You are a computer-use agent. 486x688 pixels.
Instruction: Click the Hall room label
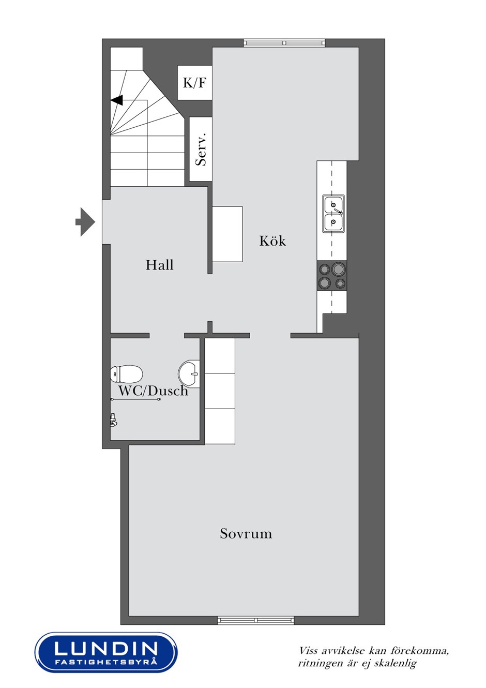159,265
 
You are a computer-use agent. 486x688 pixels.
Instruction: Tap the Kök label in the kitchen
272,241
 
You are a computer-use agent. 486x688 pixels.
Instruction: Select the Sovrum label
246,533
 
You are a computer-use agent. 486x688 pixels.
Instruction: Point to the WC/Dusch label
153,391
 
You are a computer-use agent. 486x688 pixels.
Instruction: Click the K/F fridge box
194,83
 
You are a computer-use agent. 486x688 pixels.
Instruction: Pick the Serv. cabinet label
201,149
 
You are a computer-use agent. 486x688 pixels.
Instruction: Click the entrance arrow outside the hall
85,222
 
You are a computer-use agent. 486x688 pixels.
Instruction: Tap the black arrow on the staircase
117,100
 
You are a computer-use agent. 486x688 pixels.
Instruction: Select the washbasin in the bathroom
189,374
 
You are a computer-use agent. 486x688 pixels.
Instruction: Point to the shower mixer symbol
113,420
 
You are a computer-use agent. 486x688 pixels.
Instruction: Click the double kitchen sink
333,214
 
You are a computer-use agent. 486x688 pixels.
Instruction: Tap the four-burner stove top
332,276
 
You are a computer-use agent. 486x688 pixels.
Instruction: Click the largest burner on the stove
338,269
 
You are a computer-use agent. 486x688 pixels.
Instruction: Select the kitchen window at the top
284,43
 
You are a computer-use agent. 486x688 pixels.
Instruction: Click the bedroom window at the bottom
256,620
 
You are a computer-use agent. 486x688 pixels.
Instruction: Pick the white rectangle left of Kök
227,234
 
